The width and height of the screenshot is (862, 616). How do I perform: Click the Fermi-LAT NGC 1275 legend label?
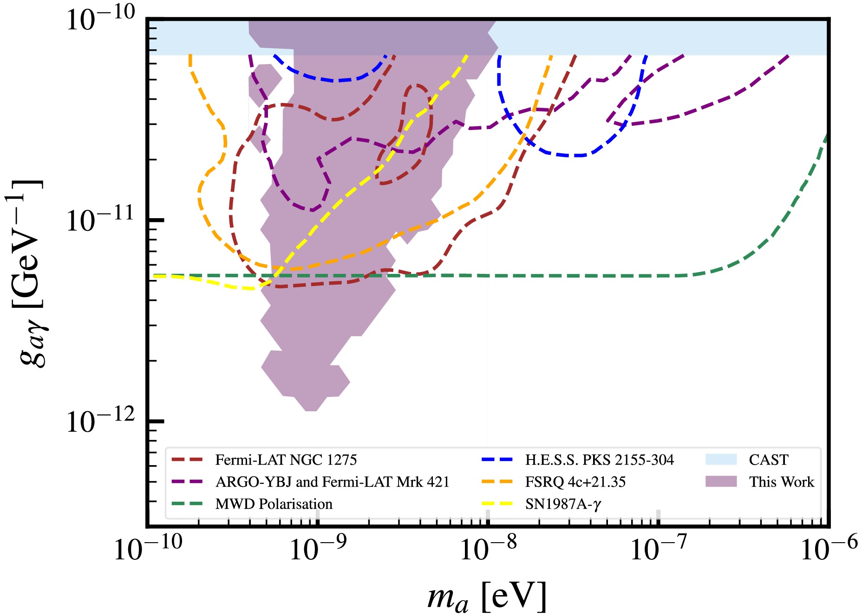click(x=286, y=460)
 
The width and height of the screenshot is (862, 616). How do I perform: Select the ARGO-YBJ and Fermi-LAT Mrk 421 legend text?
click(x=332, y=482)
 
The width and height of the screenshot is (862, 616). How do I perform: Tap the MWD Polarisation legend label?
click(x=274, y=504)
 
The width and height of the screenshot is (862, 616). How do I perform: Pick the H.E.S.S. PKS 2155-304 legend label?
click(x=599, y=460)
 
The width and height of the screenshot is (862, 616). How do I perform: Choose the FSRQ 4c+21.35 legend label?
click(x=575, y=482)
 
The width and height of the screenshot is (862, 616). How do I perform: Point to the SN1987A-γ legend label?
click(x=563, y=504)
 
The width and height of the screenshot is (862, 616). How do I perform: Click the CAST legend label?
click(x=768, y=460)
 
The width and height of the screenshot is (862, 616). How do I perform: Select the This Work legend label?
click(x=781, y=482)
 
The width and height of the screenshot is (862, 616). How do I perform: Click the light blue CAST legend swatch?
click(x=721, y=460)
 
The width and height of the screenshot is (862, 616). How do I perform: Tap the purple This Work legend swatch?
click(x=721, y=481)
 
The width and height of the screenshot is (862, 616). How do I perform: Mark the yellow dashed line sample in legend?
click(x=497, y=504)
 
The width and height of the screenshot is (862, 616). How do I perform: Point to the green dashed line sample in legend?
click(x=187, y=504)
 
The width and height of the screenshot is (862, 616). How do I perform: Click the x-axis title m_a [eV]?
click(x=487, y=597)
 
